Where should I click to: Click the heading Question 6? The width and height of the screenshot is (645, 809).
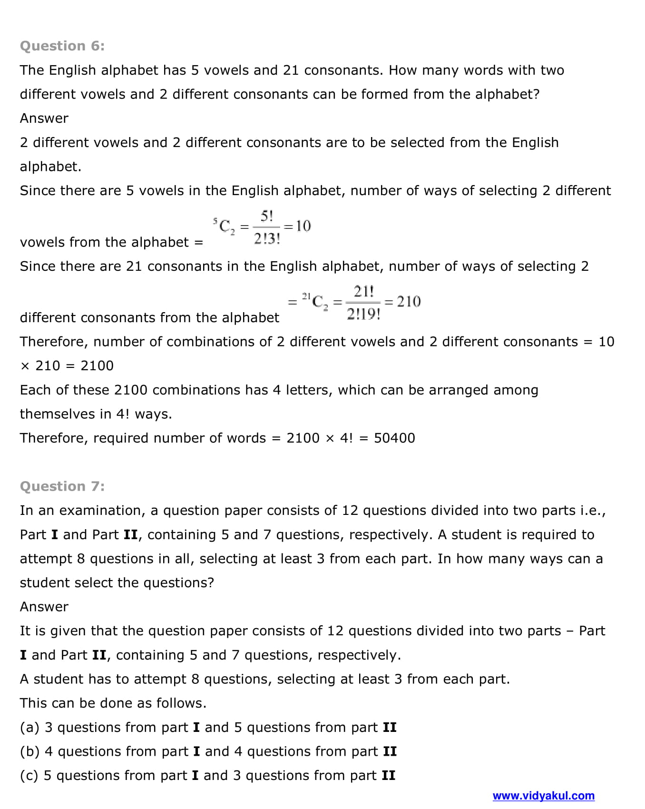[62, 46]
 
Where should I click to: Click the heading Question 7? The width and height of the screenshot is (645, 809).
[62, 486]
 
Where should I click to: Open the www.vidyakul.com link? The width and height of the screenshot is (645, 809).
[543, 796]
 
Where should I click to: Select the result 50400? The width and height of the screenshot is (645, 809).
[394, 438]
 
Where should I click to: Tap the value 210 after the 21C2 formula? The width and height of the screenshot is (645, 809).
[409, 301]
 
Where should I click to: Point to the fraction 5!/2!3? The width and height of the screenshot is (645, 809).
[267, 227]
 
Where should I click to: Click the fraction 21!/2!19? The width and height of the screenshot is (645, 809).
[363, 303]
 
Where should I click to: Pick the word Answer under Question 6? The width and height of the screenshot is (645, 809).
[44, 118]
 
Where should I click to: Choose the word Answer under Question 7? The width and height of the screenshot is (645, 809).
[44, 607]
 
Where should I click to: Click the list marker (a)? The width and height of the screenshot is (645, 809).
[29, 727]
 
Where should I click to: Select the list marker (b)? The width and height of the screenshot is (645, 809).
[29, 751]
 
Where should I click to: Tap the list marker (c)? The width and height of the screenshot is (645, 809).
[29, 775]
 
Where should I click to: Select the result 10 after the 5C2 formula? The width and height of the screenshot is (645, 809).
[303, 226]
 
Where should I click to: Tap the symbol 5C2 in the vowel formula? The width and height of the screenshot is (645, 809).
[224, 226]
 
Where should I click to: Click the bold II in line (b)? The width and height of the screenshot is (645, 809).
[390, 751]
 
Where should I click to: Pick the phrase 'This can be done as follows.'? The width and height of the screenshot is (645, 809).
[113, 703]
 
